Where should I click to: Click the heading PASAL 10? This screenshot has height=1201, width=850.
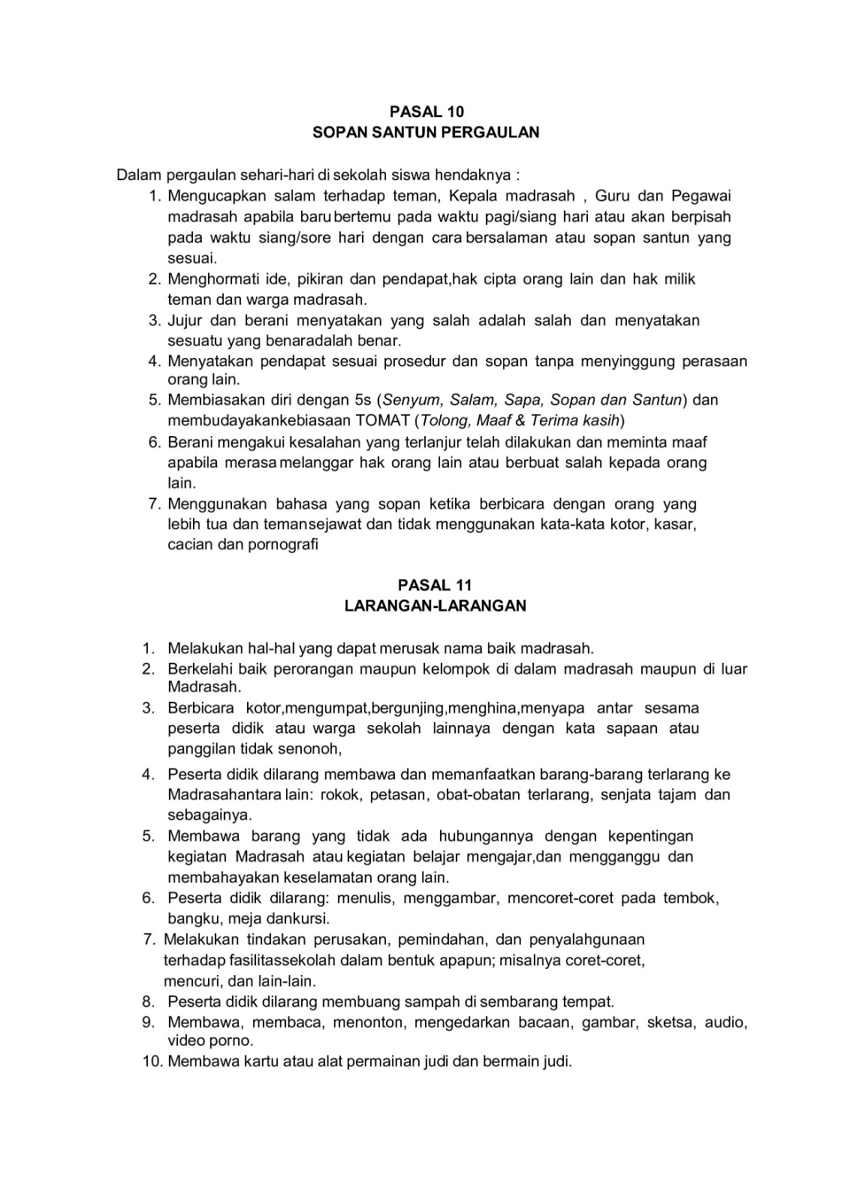coord(427,112)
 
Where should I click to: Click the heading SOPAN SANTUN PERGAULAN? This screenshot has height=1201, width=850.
coord(426,133)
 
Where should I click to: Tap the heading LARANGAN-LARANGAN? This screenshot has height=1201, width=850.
coord(436,606)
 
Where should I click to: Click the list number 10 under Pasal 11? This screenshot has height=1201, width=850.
coord(152,1062)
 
